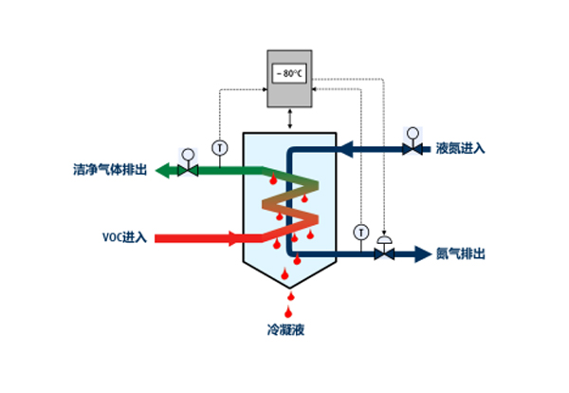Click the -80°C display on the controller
coord(289,73)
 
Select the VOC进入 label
coord(124,236)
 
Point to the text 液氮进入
coord(461,149)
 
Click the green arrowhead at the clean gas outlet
coord(164,171)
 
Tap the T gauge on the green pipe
coord(220,148)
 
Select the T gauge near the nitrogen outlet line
coord(360,232)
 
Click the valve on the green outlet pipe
coord(188,171)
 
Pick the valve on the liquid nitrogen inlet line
coord(413,149)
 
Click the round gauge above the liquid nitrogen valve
coord(413,131)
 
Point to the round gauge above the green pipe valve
coord(188,153)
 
